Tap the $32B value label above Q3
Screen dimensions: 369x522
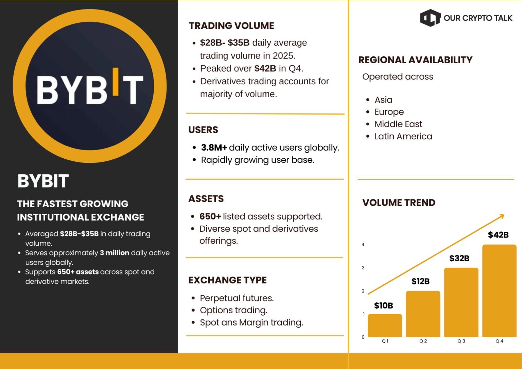(x=459, y=258)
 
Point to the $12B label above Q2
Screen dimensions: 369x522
(x=420, y=281)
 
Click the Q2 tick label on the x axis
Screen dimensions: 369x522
(x=423, y=341)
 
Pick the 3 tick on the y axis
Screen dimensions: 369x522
(x=363, y=268)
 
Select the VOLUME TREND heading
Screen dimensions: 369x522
(x=399, y=203)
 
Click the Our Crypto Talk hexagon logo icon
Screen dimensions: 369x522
(x=430, y=18)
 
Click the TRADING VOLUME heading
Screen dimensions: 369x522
(x=231, y=26)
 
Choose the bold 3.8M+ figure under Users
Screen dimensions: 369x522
(x=214, y=147)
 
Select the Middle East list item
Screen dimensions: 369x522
(x=398, y=124)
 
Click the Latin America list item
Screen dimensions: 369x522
(x=403, y=136)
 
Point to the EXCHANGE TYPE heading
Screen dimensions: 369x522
(x=227, y=280)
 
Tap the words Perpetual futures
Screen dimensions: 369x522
(x=237, y=298)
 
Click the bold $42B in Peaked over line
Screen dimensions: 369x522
(x=265, y=69)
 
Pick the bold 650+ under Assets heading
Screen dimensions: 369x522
(x=210, y=216)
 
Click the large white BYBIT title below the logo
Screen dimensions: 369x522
(x=43, y=181)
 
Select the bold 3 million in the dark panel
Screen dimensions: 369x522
(x=115, y=253)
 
